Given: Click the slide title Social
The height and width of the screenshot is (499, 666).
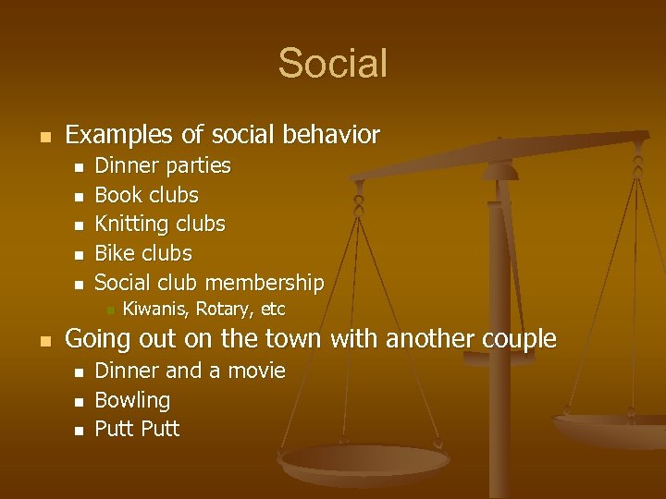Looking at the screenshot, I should [x=332, y=64].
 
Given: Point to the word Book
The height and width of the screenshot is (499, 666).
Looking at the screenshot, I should [x=117, y=195].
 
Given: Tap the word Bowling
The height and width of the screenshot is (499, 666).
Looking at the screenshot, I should [x=132, y=401].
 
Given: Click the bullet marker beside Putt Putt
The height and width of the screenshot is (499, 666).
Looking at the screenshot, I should [x=79, y=430].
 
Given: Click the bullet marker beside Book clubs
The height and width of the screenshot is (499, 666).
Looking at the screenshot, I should [x=79, y=196].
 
